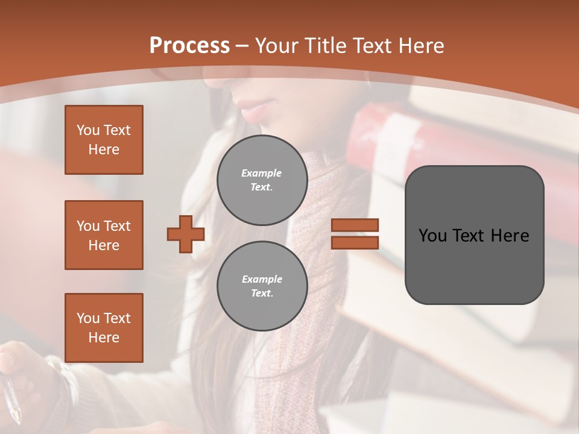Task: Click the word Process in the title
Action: pos(189,45)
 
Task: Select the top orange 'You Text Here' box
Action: pos(104,140)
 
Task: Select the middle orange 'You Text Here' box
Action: pos(104,235)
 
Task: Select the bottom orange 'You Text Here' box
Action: pos(104,328)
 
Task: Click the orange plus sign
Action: pos(186,234)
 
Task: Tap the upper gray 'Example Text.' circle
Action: pos(262,180)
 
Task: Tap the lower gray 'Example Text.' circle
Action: pos(262,286)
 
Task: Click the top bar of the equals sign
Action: pos(355,225)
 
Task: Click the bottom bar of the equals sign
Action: pos(355,242)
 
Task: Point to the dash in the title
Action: pos(242,46)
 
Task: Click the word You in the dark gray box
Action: pos(433,235)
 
